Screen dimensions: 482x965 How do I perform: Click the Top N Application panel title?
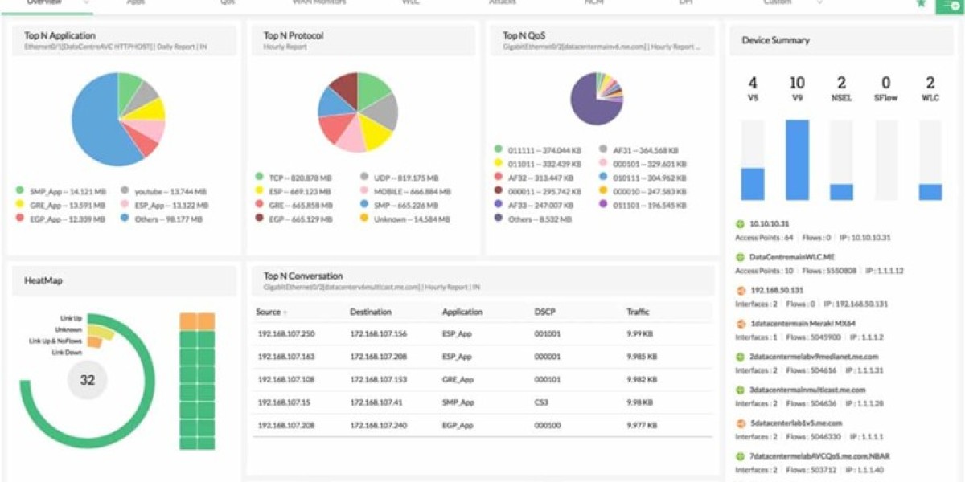(x=60, y=35)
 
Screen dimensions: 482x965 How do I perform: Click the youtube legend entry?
(x=170, y=191)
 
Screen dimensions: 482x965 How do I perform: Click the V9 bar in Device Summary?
(x=797, y=160)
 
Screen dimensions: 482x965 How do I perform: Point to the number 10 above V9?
(x=797, y=83)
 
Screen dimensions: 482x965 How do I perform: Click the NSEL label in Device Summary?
(x=841, y=98)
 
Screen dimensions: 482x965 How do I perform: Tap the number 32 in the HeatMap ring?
(x=87, y=380)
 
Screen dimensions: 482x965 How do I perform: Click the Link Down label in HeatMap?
(x=68, y=353)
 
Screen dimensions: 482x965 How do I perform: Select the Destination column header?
(x=371, y=312)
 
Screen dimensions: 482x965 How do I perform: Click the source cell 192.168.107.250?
(x=286, y=334)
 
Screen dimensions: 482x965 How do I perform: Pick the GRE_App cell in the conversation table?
(x=457, y=379)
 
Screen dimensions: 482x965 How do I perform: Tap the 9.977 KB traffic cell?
(x=641, y=424)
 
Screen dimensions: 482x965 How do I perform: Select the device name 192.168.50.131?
(x=776, y=290)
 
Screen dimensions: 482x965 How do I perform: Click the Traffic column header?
(x=638, y=312)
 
